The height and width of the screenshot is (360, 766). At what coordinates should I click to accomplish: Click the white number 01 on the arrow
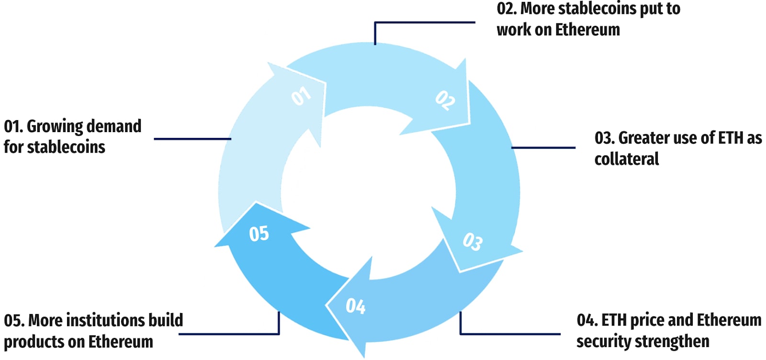pos(301,96)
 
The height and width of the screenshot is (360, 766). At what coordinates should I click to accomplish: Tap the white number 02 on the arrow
pos(445,101)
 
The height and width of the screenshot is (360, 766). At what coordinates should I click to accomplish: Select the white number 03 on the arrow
pos(473,241)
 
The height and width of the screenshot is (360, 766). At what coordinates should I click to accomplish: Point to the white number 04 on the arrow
pos(356,306)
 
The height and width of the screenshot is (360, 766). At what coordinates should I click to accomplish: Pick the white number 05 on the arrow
pos(259,234)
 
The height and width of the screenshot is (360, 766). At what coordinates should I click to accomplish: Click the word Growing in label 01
pos(55,127)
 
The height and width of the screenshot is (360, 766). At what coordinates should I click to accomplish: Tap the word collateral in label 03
pos(627,159)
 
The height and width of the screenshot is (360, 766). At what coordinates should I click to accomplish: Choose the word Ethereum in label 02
pos(587,30)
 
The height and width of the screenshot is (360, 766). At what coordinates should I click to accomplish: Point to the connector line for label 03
pos(543,147)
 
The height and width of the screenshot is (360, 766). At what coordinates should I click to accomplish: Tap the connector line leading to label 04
pos(510,334)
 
